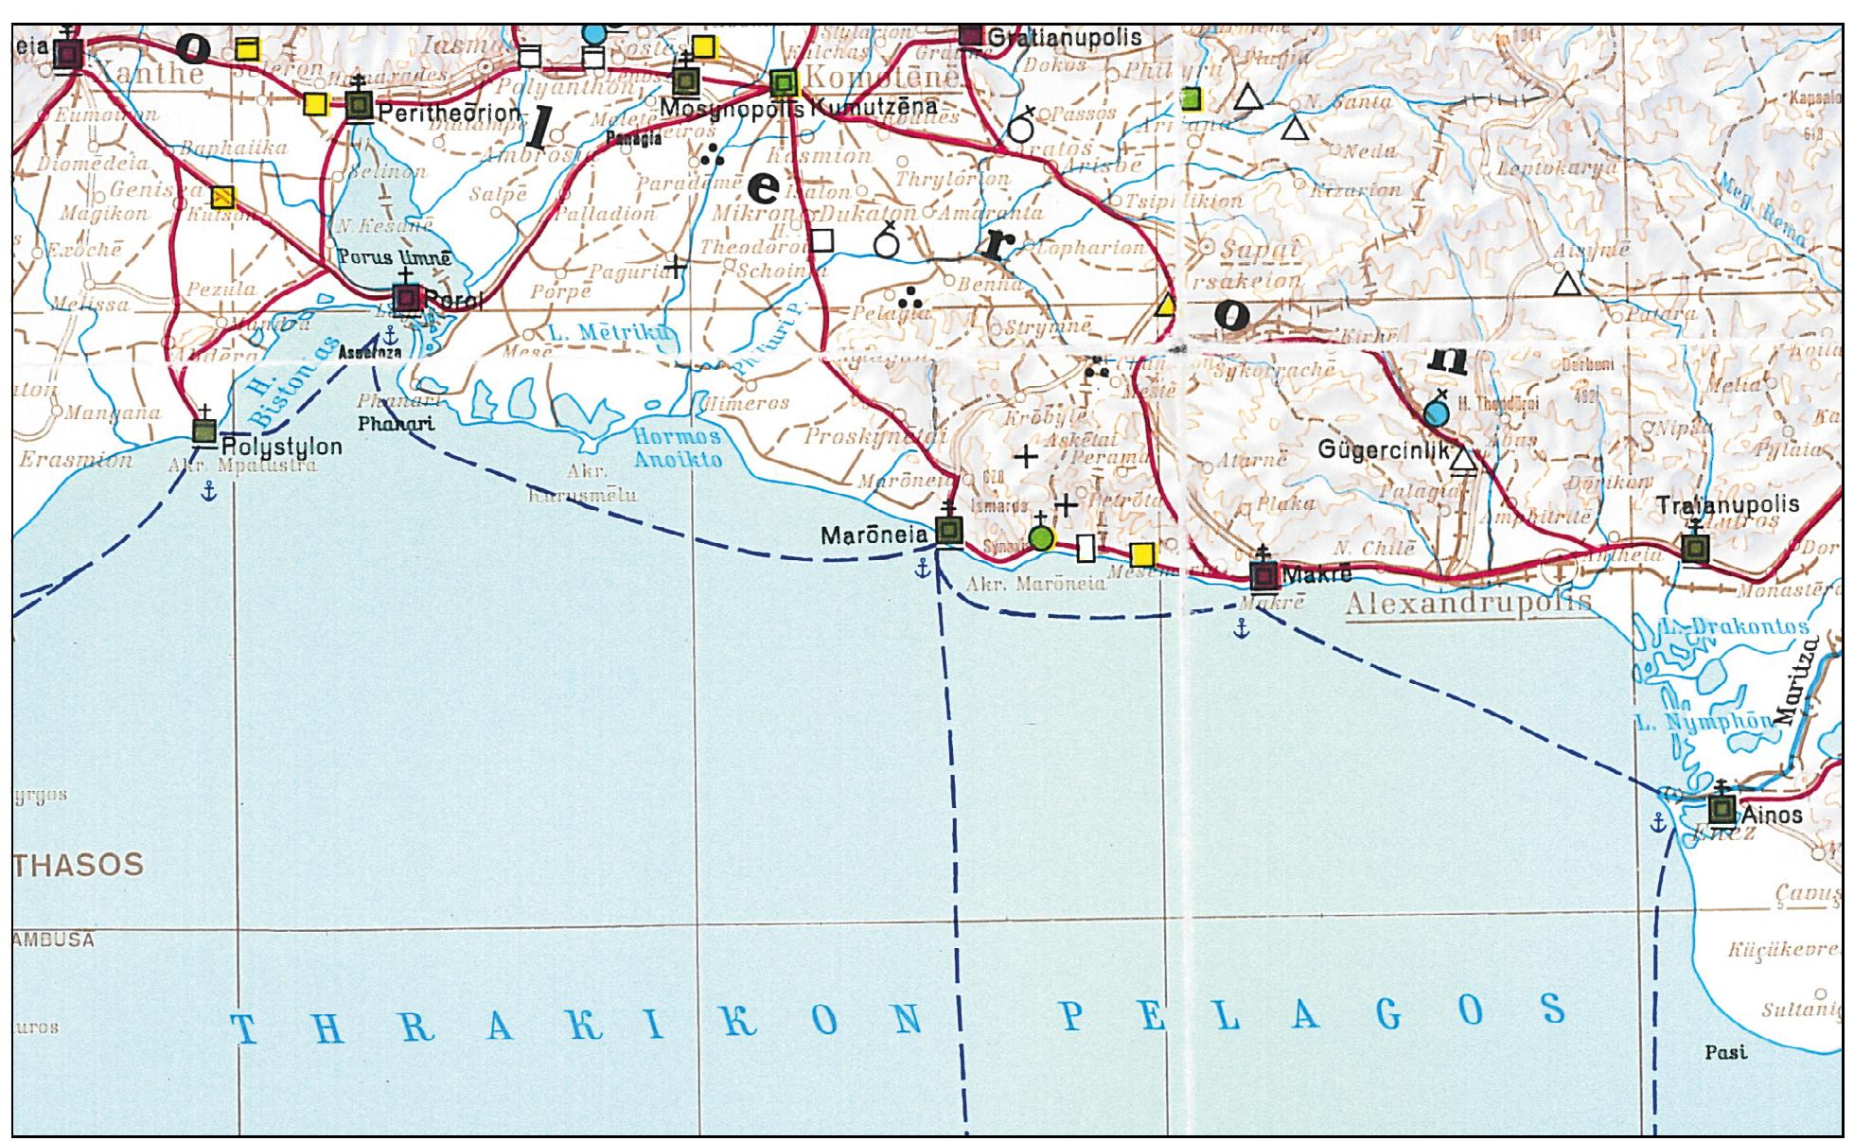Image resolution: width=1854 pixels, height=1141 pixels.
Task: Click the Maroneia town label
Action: pyautogui.click(x=874, y=535)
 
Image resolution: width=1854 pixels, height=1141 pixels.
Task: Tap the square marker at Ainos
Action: pyautogui.click(x=1722, y=811)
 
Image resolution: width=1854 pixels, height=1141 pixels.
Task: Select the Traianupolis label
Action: pyautogui.click(x=1728, y=505)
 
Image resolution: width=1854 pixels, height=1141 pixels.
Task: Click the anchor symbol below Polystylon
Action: pyautogui.click(x=210, y=489)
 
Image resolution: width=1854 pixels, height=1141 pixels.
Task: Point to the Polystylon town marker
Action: pyautogui.click(x=204, y=431)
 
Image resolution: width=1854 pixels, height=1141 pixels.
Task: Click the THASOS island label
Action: pyautogui.click(x=80, y=864)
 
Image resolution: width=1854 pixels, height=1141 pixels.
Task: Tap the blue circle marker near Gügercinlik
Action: pyautogui.click(x=1436, y=413)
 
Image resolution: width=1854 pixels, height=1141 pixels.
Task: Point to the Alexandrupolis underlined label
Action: pyautogui.click(x=1468, y=604)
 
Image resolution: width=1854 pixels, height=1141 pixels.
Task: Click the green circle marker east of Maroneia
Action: pyautogui.click(x=1041, y=539)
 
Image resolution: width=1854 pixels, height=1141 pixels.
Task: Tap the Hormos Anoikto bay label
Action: pyautogui.click(x=678, y=448)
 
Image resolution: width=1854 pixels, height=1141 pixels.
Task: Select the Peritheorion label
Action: pyautogui.click(x=449, y=113)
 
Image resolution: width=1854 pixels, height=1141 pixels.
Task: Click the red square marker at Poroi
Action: pyautogui.click(x=407, y=299)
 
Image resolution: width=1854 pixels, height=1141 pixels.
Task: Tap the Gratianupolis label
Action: pyautogui.click(x=1065, y=38)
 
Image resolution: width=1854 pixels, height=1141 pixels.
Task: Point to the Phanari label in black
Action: pyautogui.click(x=396, y=423)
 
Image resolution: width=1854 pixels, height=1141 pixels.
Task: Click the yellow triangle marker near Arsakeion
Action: pyautogui.click(x=1167, y=305)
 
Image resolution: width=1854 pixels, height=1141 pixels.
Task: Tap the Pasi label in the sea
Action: pyautogui.click(x=1725, y=1052)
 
